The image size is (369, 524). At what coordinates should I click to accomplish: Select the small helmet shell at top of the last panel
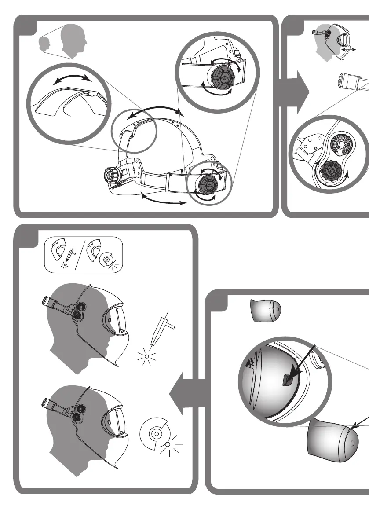[265, 311]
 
